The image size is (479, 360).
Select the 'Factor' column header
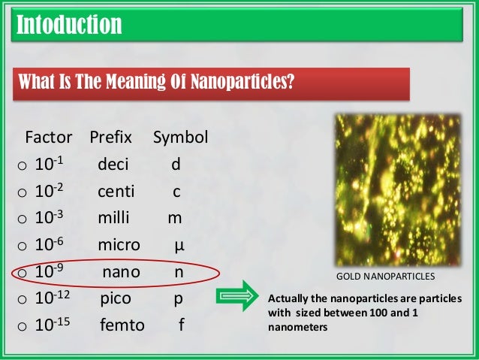[49, 138]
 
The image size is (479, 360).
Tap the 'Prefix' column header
[110, 138]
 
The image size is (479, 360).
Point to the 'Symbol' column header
[180, 138]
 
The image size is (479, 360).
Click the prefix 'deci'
[113, 164]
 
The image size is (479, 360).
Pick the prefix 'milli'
[113, 218]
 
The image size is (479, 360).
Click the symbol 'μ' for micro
[179, 245]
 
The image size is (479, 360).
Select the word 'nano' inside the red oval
[121, 272]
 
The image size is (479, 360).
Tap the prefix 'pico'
[116, 299]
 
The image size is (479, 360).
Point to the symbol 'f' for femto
[180, 326]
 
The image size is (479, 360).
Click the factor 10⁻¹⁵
[52, 325]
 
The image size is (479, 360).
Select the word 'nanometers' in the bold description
[298, 327]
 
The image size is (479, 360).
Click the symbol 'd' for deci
[175, 164]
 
